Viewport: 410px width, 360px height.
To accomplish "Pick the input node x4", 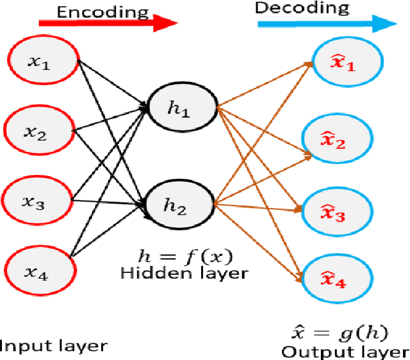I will (38, 274).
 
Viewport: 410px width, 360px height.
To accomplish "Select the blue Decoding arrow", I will (327, 24).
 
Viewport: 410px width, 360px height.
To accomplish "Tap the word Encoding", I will (102, 11).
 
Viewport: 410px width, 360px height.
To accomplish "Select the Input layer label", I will (53, 347).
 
